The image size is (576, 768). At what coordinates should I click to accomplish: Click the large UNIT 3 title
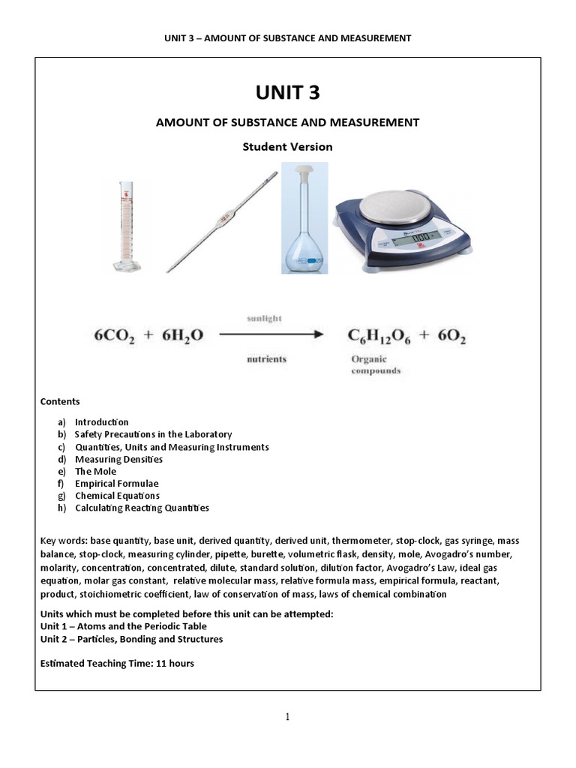point(287,92)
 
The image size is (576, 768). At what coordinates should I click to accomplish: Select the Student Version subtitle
point(287,147)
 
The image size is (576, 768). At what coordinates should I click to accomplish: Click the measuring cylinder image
point(123,225)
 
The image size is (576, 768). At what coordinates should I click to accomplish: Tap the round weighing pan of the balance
point(403,202)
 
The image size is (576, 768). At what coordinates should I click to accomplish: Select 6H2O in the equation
point(184,338)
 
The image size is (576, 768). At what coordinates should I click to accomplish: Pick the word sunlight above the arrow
point(264,319)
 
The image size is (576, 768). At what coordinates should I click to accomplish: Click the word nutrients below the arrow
point(266,359)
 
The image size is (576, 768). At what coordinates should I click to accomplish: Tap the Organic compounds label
point(376,364)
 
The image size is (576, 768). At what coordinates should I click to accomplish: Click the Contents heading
point(60,402)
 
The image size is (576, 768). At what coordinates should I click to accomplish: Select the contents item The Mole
point(95,471)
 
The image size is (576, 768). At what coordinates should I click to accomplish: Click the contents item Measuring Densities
point(118,459)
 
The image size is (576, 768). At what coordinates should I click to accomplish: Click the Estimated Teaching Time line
point(117,664)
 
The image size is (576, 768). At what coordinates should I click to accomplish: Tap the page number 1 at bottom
point(287,717)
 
